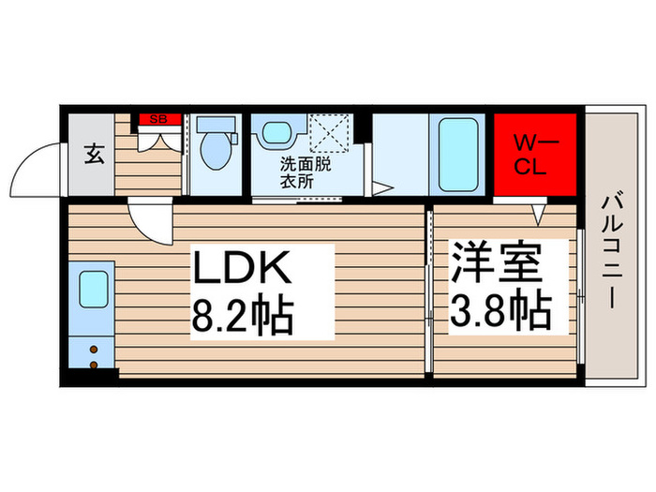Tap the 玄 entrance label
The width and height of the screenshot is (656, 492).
[x=95, y=153]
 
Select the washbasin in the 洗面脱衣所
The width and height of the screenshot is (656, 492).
[x=276, y=132]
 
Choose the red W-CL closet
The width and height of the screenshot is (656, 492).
[x=535, y=155]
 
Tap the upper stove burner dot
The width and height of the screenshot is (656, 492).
[x=94, y=349]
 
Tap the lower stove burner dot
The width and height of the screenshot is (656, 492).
[x=94, y=361]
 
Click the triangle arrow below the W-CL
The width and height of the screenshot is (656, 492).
[x=539, y=215]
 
